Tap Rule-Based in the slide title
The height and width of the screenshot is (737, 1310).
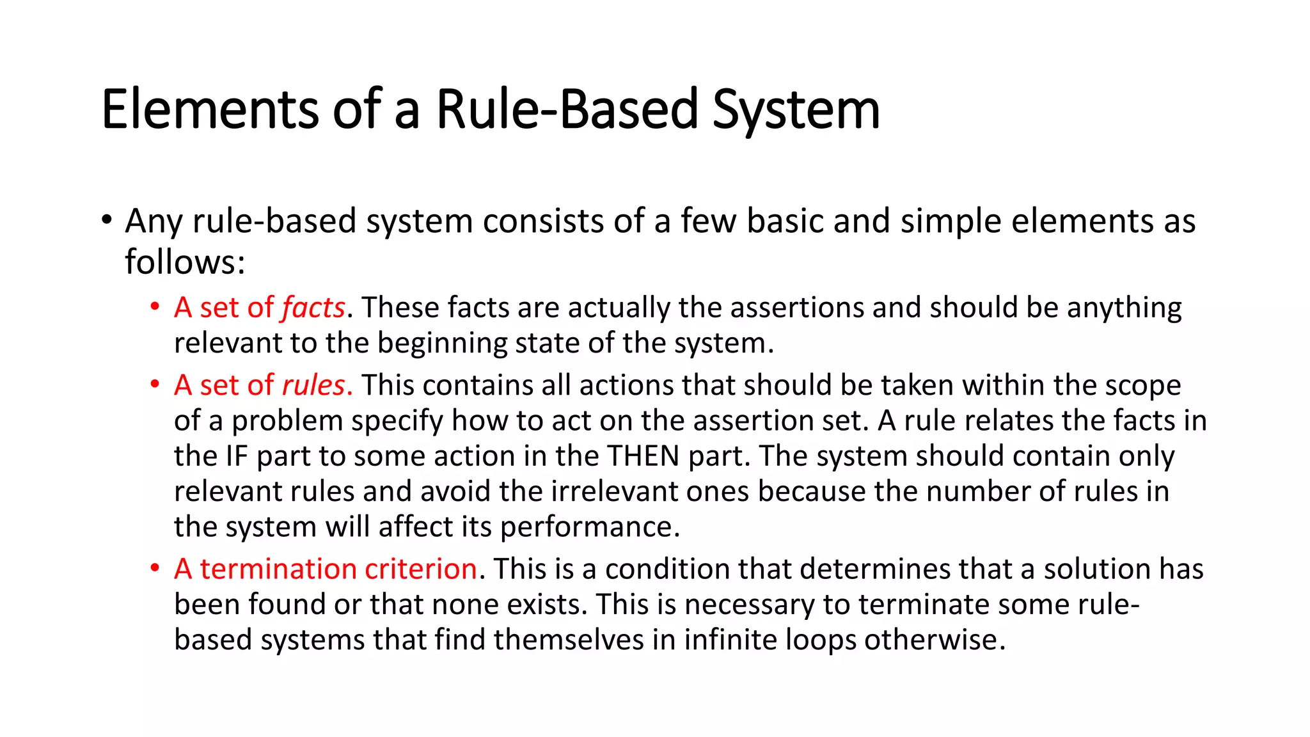(x=566, y=109)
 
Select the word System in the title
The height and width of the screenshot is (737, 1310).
(x=796, y=109)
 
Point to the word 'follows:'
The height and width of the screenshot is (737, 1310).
(x=185, y=262)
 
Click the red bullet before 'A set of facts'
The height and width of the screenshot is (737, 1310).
(x=155, y=308)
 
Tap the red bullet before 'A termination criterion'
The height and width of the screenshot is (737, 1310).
(x=155, y=569)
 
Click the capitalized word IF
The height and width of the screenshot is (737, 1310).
(x=236, y=456)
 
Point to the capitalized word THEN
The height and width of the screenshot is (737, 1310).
(x=643, y=456)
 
